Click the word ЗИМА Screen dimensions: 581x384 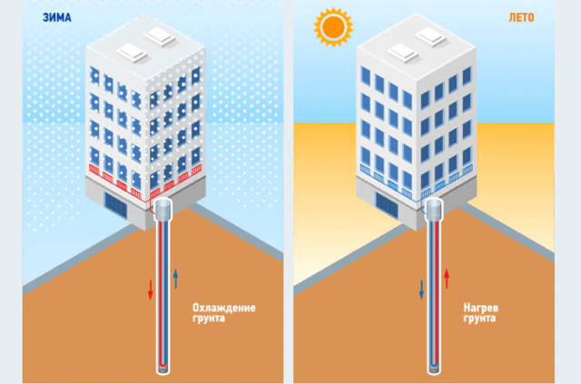(56, 17)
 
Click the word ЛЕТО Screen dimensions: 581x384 (521, 17)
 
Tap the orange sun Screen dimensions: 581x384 (333, 26)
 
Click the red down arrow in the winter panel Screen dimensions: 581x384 (151, 290)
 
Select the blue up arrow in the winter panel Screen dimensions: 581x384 (175, 279)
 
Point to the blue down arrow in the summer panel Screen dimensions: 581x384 (421, 290)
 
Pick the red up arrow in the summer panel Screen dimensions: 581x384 (447, 279)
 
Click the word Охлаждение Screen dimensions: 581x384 (224, 308)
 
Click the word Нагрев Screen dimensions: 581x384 (481, 308)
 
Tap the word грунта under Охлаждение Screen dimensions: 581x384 (209, 319)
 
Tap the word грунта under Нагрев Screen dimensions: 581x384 (479, 319)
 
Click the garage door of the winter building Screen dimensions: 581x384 (115, 205)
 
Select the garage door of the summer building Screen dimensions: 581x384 (387, 205)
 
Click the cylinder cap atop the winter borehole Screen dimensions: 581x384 (162, 210)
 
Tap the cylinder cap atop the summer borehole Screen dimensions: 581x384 (434, 210)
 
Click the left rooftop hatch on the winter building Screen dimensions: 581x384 (132, 53)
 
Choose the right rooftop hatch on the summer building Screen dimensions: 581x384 (430, 36)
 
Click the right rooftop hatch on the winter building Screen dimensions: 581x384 (160, 36)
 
